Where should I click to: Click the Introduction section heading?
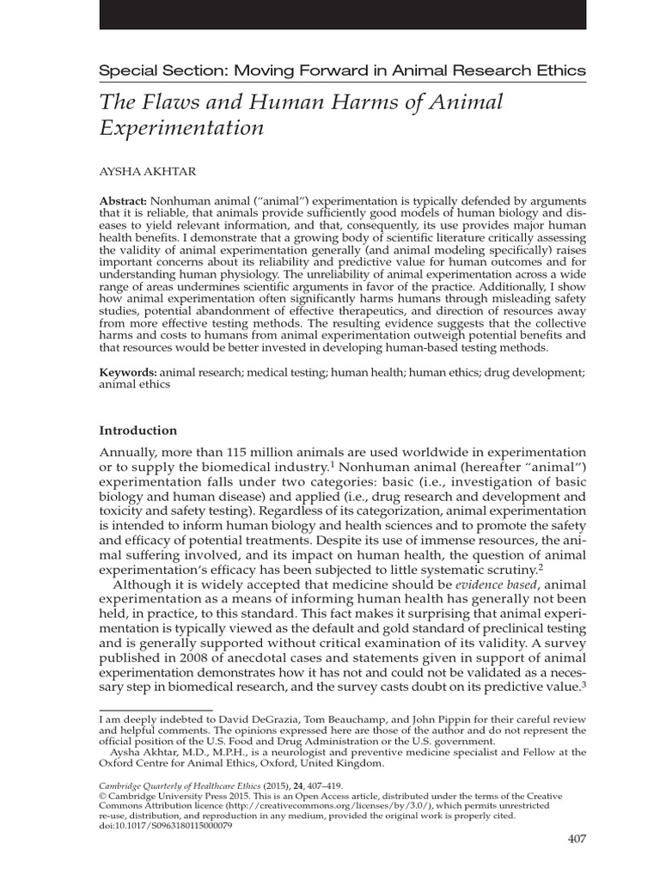pos(138,431)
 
